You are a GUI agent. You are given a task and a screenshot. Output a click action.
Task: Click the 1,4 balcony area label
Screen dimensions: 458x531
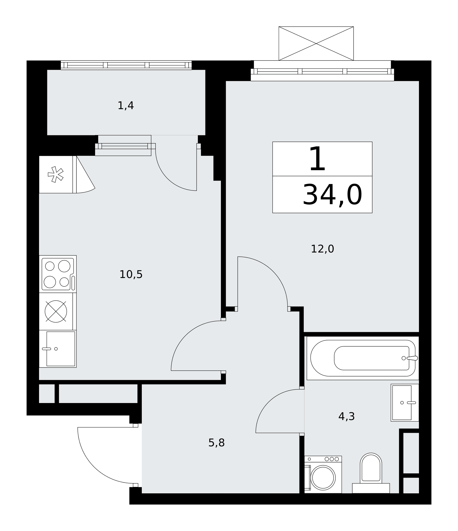[x=126, y=106]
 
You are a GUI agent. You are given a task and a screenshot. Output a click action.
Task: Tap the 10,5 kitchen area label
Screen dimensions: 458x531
[x=131, y=275]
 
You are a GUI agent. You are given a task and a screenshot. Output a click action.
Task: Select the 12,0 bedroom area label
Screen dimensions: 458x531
[x=322, y=249]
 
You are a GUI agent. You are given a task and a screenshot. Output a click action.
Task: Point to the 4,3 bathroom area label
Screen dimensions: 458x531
[x=346, y=417]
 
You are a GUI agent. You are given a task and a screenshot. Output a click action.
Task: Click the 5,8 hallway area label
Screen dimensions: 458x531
[x=216, y=443]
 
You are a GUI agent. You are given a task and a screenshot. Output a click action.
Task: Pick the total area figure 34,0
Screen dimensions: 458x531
[x=332, y=195]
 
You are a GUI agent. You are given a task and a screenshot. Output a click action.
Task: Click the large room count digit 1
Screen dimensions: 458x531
[x=317, y=159]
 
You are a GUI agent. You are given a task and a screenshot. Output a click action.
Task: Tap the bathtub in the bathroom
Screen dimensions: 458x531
[x=363, y=358]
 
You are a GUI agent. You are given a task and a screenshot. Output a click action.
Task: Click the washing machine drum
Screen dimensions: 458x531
[x=323, y=478]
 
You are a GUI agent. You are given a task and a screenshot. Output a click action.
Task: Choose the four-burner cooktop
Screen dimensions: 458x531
[x=58, y=274]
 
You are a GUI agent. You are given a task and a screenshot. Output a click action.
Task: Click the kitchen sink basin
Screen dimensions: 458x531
[x=61, y=349]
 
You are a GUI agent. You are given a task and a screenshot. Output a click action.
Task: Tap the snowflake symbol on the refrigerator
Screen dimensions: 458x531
[x=55, y=174]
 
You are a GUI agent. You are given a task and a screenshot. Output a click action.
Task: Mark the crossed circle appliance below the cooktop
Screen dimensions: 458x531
[x=56, y=311]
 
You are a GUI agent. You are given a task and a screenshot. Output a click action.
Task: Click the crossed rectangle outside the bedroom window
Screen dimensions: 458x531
[x=316, y=44]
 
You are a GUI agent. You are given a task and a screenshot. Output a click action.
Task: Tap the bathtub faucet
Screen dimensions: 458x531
[x=412, y=358]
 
